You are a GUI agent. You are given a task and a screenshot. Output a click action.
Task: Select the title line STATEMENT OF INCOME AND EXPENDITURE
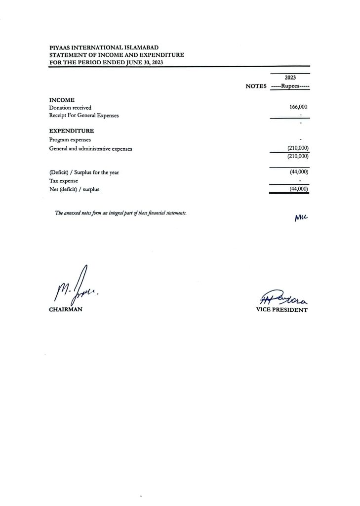pos(116,55)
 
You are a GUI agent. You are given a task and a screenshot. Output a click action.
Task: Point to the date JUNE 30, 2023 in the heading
pos(140,62)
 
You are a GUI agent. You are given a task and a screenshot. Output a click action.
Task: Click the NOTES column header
pos(256,86)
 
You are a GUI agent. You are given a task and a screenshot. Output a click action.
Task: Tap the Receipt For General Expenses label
pos(84,116)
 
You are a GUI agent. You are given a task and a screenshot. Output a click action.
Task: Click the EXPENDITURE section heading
pos(71,131)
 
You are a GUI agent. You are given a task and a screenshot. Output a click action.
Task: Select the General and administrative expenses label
pos(90,148)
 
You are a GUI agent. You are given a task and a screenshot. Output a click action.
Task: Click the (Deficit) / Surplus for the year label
pos(84,172)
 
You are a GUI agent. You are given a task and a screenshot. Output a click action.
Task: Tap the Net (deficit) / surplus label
pos(77,189)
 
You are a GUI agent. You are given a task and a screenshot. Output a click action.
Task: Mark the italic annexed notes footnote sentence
pos(121,213)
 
